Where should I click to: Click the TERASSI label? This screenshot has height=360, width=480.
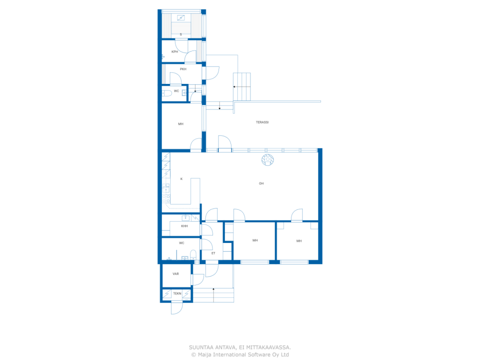262,122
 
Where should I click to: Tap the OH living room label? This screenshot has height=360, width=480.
261,183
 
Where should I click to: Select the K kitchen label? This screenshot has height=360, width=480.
181,179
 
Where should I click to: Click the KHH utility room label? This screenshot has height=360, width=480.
184,226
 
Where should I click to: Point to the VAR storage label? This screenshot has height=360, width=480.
175,274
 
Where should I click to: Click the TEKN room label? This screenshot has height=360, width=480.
177,294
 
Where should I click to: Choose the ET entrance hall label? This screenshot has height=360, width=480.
213,253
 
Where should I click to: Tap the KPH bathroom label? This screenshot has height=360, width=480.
175,52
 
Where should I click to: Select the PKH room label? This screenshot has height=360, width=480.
183,69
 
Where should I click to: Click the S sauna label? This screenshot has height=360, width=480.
181,34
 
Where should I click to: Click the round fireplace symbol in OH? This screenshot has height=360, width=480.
268,160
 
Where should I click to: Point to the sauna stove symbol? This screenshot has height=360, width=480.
181,18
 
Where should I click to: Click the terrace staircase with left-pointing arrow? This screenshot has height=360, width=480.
242,87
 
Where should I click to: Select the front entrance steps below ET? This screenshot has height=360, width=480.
213,295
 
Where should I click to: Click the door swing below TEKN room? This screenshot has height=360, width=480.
177,308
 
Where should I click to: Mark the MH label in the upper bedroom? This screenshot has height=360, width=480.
181,124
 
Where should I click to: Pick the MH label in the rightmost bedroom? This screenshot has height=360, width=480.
299,241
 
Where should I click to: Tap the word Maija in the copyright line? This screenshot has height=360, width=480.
205,355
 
